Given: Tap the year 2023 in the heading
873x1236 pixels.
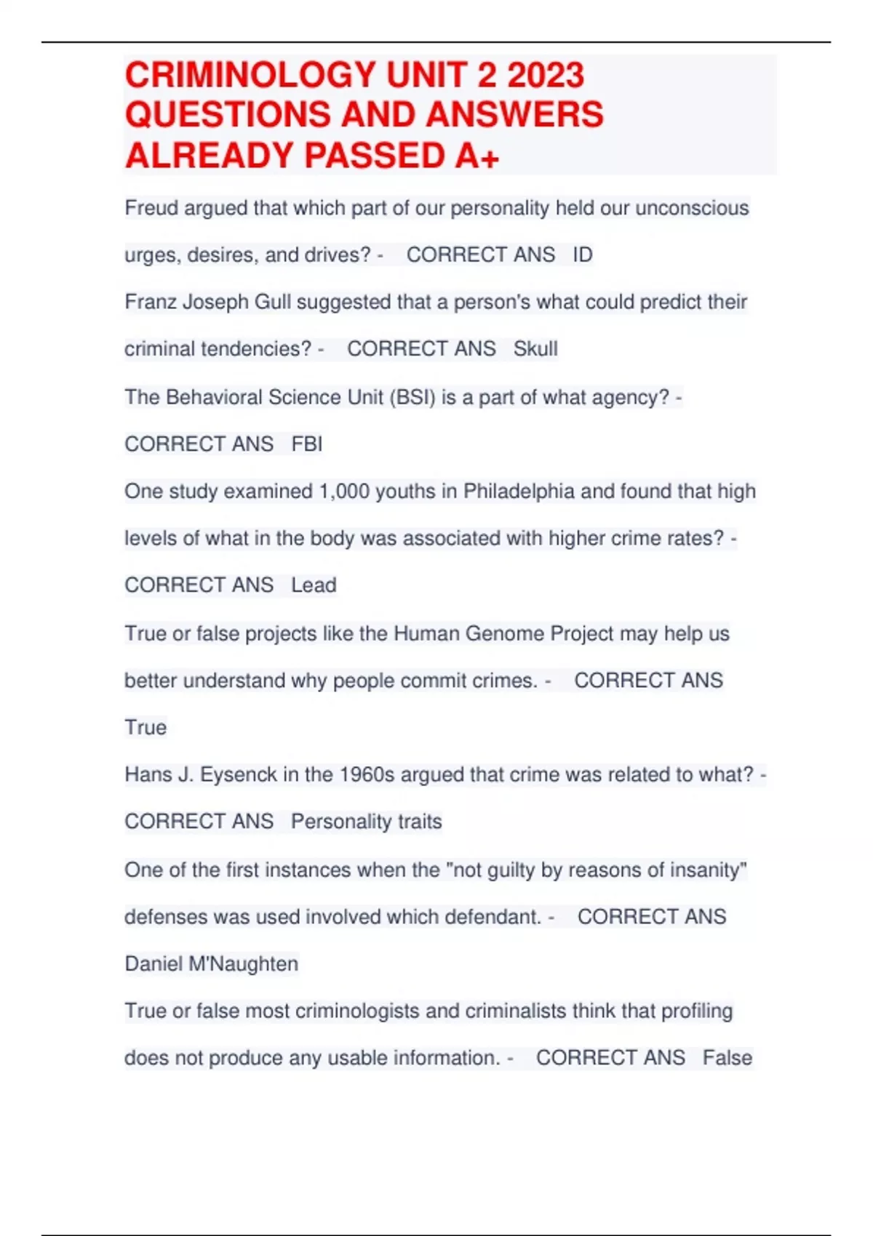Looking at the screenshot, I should click(546, 75).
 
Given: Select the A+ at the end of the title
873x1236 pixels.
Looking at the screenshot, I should click(477, 156).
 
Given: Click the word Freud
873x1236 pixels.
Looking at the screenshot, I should click(151, 208).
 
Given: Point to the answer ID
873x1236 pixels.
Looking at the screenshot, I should click(583, 254).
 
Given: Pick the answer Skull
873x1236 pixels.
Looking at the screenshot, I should click(535, 349).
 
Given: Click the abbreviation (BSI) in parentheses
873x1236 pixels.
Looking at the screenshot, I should click(412, 397).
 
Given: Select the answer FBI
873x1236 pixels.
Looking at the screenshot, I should click(306, 444).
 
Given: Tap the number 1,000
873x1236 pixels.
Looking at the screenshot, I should click(344, 491).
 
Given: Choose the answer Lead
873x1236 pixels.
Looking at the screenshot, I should click(314, 585).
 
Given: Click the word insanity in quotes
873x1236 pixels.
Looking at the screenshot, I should click(707, 870).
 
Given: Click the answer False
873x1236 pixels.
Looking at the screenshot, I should click(727, 1057).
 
